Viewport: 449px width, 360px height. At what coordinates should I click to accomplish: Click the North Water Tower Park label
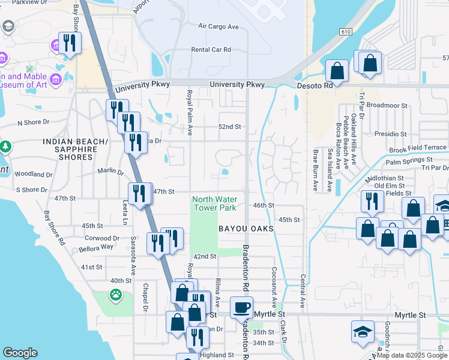pos(214,203)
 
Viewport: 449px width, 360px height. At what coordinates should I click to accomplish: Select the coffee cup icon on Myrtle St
pos(242,307)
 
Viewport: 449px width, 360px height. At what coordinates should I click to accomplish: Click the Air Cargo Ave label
pos(218,27)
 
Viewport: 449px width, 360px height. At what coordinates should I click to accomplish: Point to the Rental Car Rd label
pos(211,50)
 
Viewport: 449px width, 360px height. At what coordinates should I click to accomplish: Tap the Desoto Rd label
pos(315,86)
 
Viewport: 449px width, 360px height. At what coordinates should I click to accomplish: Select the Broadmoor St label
pos(387,106)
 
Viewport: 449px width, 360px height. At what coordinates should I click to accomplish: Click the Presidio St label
pos(390,134)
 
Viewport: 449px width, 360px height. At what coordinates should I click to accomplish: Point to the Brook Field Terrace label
pos(418,148)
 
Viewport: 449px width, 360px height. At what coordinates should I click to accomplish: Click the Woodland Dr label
pos(33,175)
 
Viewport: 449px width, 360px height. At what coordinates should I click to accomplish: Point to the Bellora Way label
pos(98,247)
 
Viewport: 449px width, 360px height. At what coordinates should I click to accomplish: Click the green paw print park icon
pos(114,295)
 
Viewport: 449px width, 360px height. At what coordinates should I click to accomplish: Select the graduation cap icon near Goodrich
pos(363,331)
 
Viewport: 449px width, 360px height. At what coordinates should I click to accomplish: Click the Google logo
pos(20,353)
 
